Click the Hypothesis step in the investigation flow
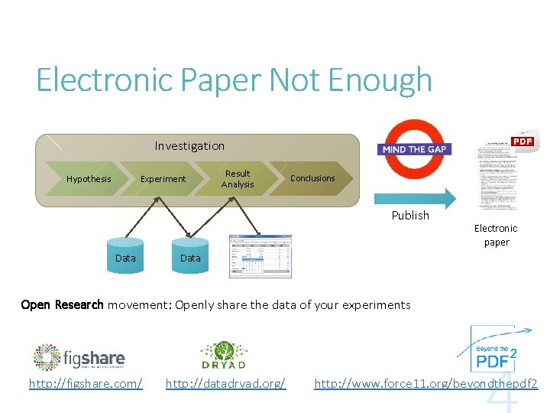tap(89, 179)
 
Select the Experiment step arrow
tap(163, 179)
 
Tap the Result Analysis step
tap(237, 179)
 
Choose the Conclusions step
tap(312, 178)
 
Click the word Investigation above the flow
tap(189, 145)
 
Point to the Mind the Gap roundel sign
tap(415, 148)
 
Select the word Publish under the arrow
tap(410, 216)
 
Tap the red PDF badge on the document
tap(522, 141)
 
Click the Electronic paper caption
tap(496, 235)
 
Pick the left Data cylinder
tap(125, 258)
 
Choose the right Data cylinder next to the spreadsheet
tap(190, 258)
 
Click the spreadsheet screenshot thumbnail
tap(260, 256)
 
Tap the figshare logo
tap(79, 356)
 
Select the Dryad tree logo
tap(223, 355)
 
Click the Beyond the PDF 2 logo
tap(492, 349)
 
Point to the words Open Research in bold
tap(62, 304)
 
